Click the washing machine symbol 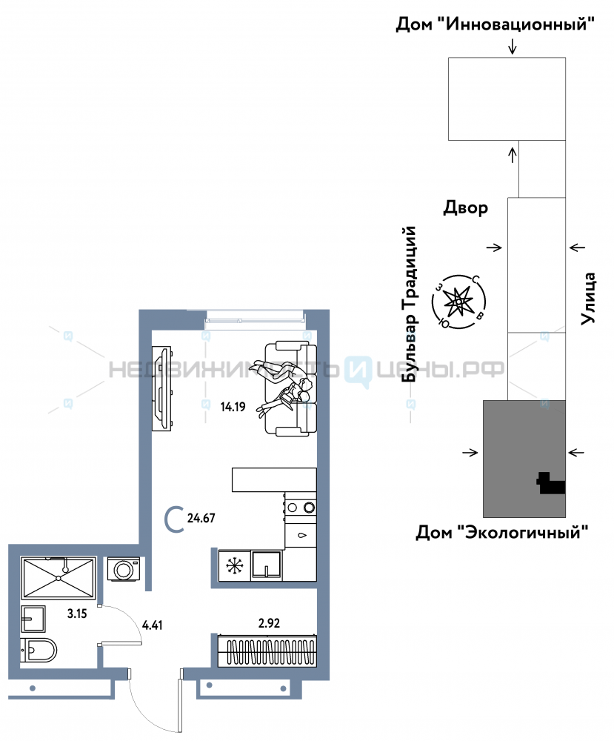(x=123, y=569)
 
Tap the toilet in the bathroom (x=39, y=651)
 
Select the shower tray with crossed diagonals (x=58, y=577)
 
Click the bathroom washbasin (x=33, y=619)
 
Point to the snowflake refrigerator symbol (x=234, y=565)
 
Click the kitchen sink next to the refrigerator (x=267, y=565)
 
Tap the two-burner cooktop (x=301, y=508)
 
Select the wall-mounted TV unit (x=161, y=388)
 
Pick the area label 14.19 (x=233, y=406)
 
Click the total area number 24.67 (x=201, y=518)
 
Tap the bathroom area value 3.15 (x=77, y=614)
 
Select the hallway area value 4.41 (x=152, y=625)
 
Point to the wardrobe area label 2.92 (x=269, y=623)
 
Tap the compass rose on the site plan (x=458, y=302)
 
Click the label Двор (x=466, y=208)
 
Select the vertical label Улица (x=588, y=298)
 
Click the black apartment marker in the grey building (x=551, y=483)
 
